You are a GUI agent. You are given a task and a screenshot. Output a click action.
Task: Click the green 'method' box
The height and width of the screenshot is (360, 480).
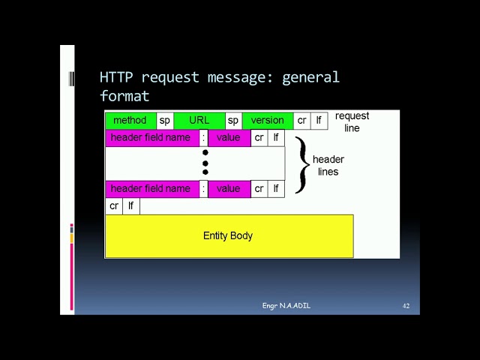click(x=130, y=121)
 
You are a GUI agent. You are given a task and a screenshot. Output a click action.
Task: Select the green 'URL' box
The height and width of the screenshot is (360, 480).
click(x=199, y=121)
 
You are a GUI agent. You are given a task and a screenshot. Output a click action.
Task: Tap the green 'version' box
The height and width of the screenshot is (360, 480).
click(x=267, y=121)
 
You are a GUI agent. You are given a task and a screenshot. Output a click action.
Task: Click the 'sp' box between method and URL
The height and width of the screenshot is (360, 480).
click(x=165, y=121)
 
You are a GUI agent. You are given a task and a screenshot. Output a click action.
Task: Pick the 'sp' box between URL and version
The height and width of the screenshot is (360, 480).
click(x=233, y=121)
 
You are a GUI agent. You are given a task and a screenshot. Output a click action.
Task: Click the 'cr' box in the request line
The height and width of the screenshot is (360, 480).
click(x=301, y=121)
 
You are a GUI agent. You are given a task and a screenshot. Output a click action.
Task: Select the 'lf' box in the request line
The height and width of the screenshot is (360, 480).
click(x=319, y=121)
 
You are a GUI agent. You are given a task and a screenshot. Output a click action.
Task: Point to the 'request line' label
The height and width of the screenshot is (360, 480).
click(x=352, y=122)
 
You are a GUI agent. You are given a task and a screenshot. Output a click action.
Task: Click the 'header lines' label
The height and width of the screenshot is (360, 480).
click(x=328, y=166)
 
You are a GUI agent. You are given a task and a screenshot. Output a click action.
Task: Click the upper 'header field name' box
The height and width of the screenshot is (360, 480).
click(x=151, y=138)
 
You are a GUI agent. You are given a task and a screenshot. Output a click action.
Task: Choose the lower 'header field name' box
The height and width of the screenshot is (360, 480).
click(x=151, y=189)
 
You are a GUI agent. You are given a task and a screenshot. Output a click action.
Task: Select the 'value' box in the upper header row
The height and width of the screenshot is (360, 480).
click(x=228, y=138)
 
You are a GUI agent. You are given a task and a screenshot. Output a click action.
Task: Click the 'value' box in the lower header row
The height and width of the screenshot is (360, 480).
click(x=228, y=189)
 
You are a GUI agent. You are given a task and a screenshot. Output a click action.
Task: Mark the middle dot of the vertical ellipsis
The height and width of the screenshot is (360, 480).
click(x=205, y=163)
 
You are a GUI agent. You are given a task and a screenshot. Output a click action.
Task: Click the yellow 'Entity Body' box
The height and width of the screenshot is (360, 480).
click(x=229, y=236)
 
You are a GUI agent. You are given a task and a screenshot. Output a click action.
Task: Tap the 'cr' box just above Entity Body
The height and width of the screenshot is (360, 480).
click(x=114, y=206)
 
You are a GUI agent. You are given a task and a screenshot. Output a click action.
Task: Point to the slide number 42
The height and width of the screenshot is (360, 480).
click(x=406, y=306)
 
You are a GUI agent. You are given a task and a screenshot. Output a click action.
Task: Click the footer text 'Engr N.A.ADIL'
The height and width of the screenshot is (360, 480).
click(x=286, y=306)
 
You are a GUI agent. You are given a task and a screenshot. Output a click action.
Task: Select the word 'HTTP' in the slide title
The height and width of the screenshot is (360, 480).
click(x=117, y=77)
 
